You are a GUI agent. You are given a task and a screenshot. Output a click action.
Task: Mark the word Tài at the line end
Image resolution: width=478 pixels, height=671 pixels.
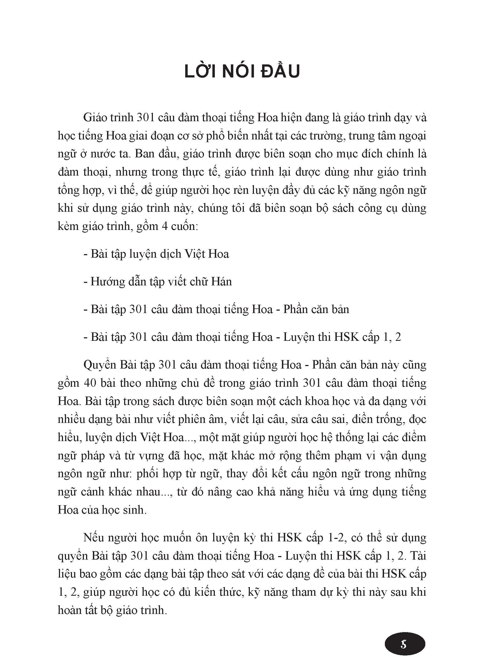point(418,556)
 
